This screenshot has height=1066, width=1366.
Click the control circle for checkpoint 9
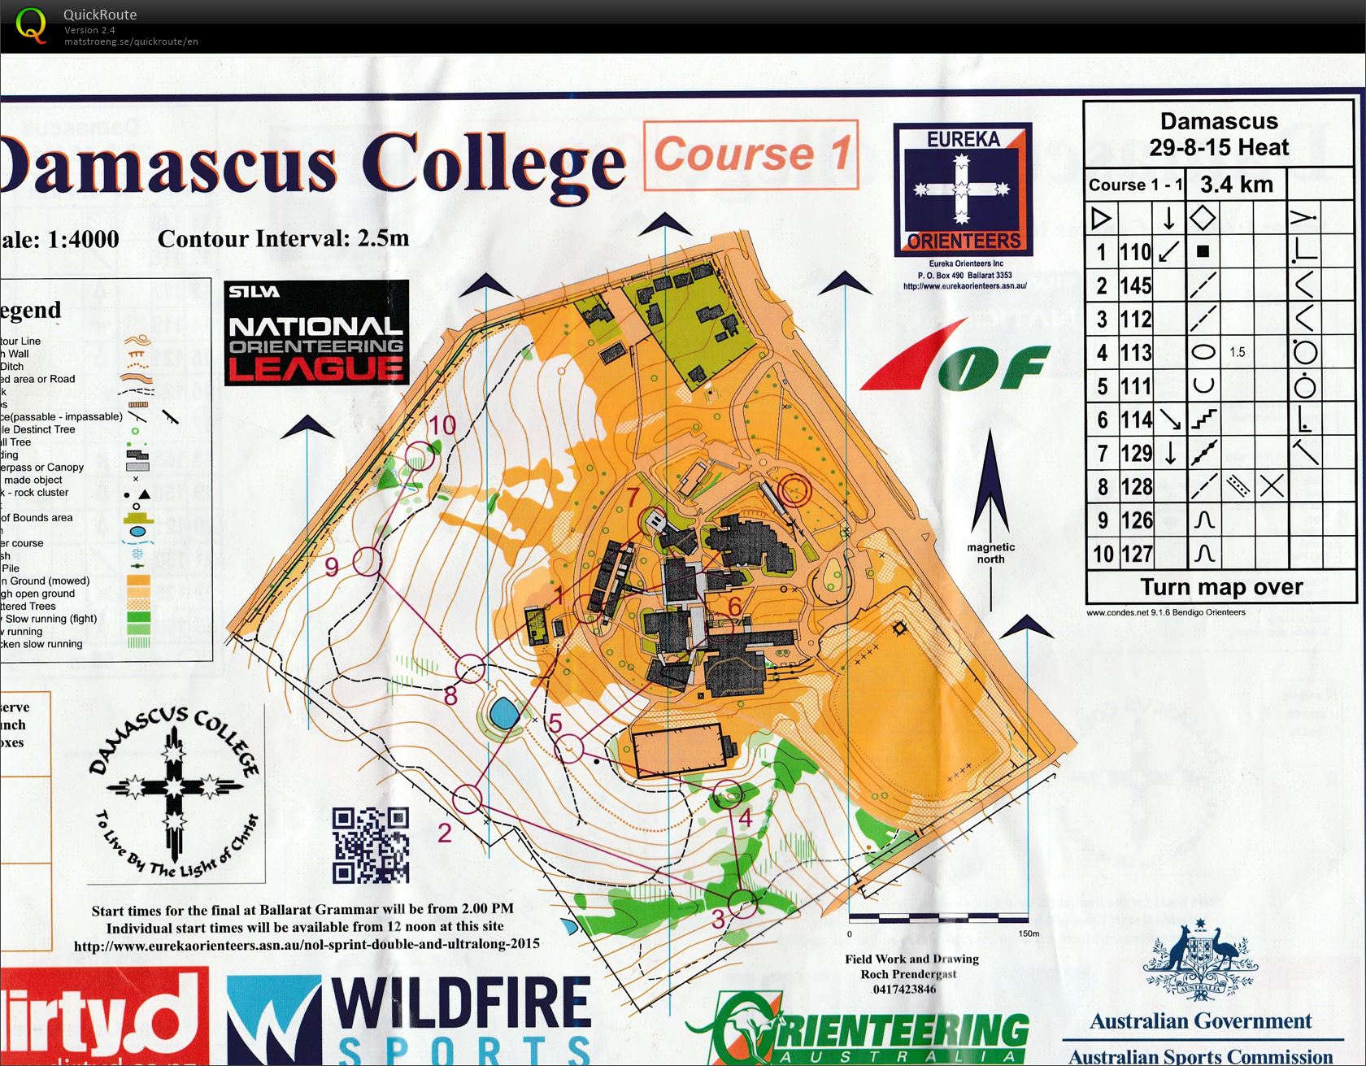click(367, 561)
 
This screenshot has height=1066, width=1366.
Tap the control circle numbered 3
click(742, 903)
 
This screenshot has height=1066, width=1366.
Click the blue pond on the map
click(504, 715)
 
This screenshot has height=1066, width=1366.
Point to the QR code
click(370, 845)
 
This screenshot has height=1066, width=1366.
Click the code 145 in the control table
click(1135, 285)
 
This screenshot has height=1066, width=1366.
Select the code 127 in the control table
click(1136, 554)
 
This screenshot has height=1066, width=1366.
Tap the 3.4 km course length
click(1236, 184)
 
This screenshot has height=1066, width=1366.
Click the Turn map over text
click(1221, 586)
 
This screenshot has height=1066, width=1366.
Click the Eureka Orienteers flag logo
click(963, 189)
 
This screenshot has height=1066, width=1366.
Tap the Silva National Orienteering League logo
click(316, 333)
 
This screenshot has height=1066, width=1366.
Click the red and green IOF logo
click(955, 357)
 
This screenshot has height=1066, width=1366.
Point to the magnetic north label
click(990, 553)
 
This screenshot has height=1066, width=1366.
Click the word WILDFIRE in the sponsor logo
click(461, 1003)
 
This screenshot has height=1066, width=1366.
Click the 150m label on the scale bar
click(1029, 933)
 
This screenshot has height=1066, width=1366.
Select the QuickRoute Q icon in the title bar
click(32, 25)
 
